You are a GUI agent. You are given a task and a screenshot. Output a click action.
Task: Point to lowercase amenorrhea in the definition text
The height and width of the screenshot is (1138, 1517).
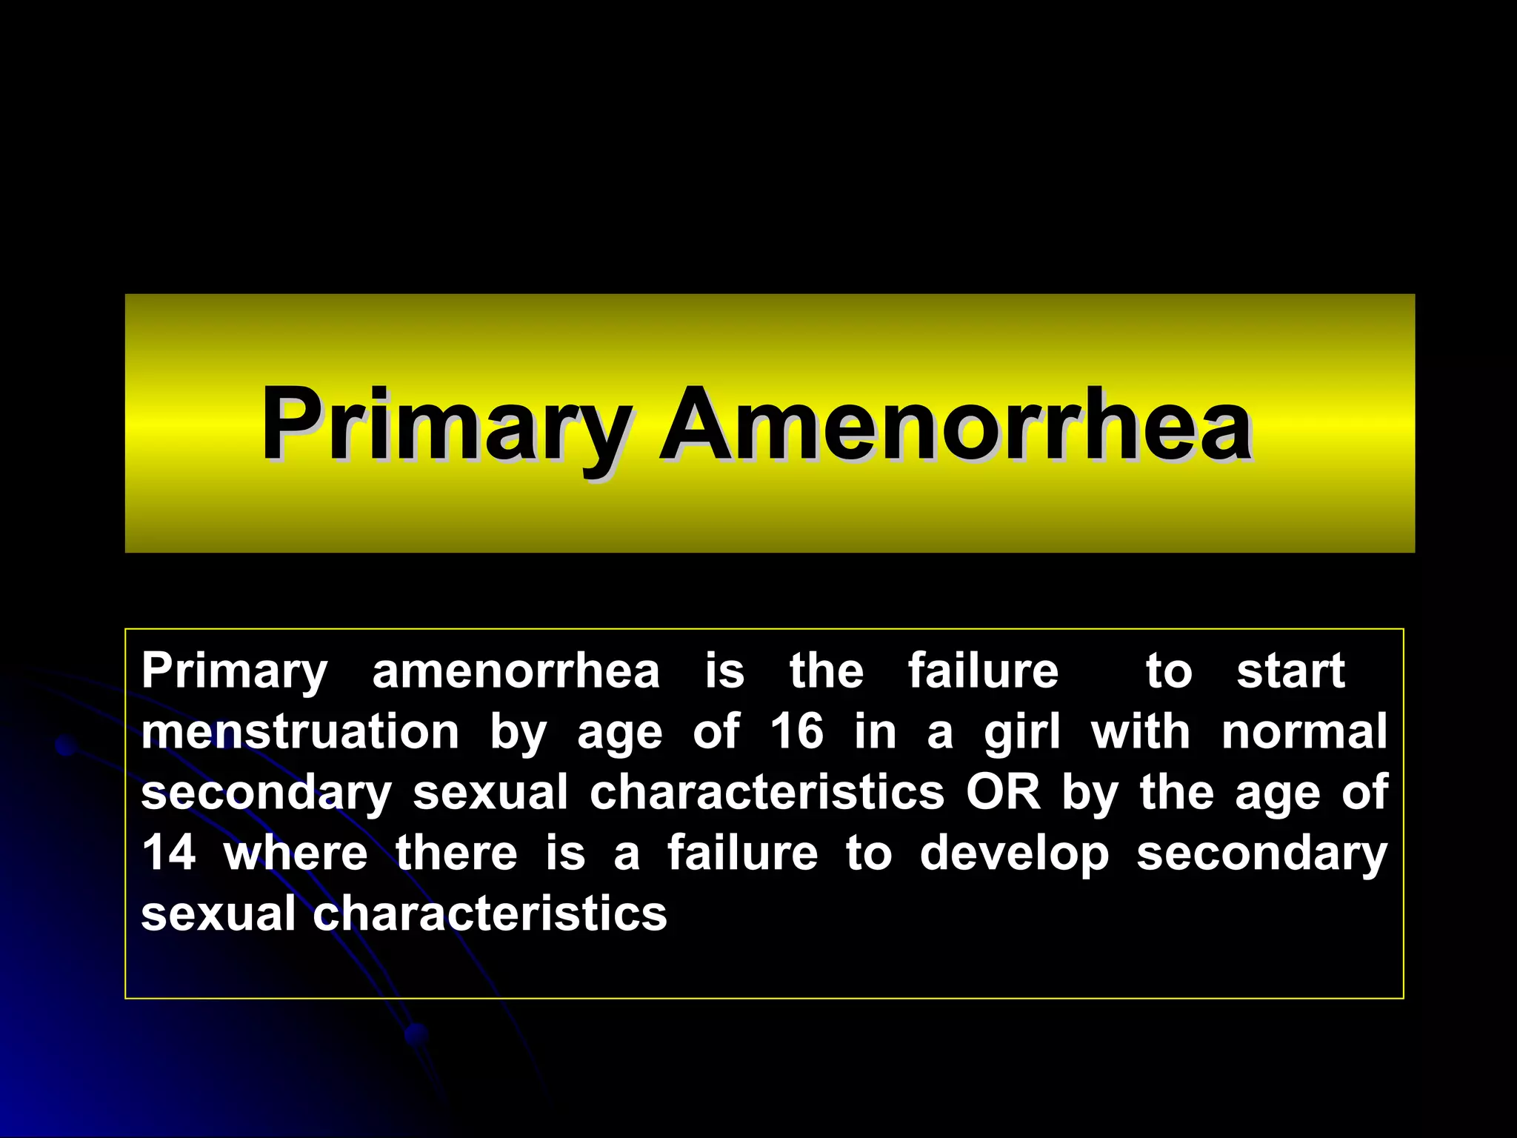(516, 671)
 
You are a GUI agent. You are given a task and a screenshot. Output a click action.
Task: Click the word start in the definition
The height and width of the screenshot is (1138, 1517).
(1290, 671)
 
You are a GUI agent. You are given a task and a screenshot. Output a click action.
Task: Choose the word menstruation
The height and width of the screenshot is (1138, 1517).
(300, 732)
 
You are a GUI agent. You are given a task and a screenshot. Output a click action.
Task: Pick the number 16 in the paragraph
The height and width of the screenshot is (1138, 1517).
(796, 732)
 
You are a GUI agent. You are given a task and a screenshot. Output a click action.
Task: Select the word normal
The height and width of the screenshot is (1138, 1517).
(1304, 732)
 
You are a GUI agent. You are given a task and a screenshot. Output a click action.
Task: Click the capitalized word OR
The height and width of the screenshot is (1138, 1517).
(1003, 793)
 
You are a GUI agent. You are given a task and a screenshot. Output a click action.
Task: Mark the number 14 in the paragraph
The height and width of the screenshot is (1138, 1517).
(169, 853)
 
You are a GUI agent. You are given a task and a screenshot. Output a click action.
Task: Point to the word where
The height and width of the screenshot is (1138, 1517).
(296, 853)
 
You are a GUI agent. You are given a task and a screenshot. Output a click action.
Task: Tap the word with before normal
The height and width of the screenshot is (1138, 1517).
(1140, 732)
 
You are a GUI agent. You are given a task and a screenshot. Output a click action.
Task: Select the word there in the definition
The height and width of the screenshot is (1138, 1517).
(456, 853)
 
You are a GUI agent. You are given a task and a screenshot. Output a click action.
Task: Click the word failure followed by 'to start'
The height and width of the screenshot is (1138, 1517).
(983, 671)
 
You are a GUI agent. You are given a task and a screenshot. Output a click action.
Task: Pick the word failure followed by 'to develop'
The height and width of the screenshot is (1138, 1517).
(742, 853)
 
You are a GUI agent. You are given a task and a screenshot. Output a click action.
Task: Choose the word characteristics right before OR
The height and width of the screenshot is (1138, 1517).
(767, 793)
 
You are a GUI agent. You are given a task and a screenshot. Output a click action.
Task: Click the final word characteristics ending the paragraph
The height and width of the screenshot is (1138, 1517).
(490, 914)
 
